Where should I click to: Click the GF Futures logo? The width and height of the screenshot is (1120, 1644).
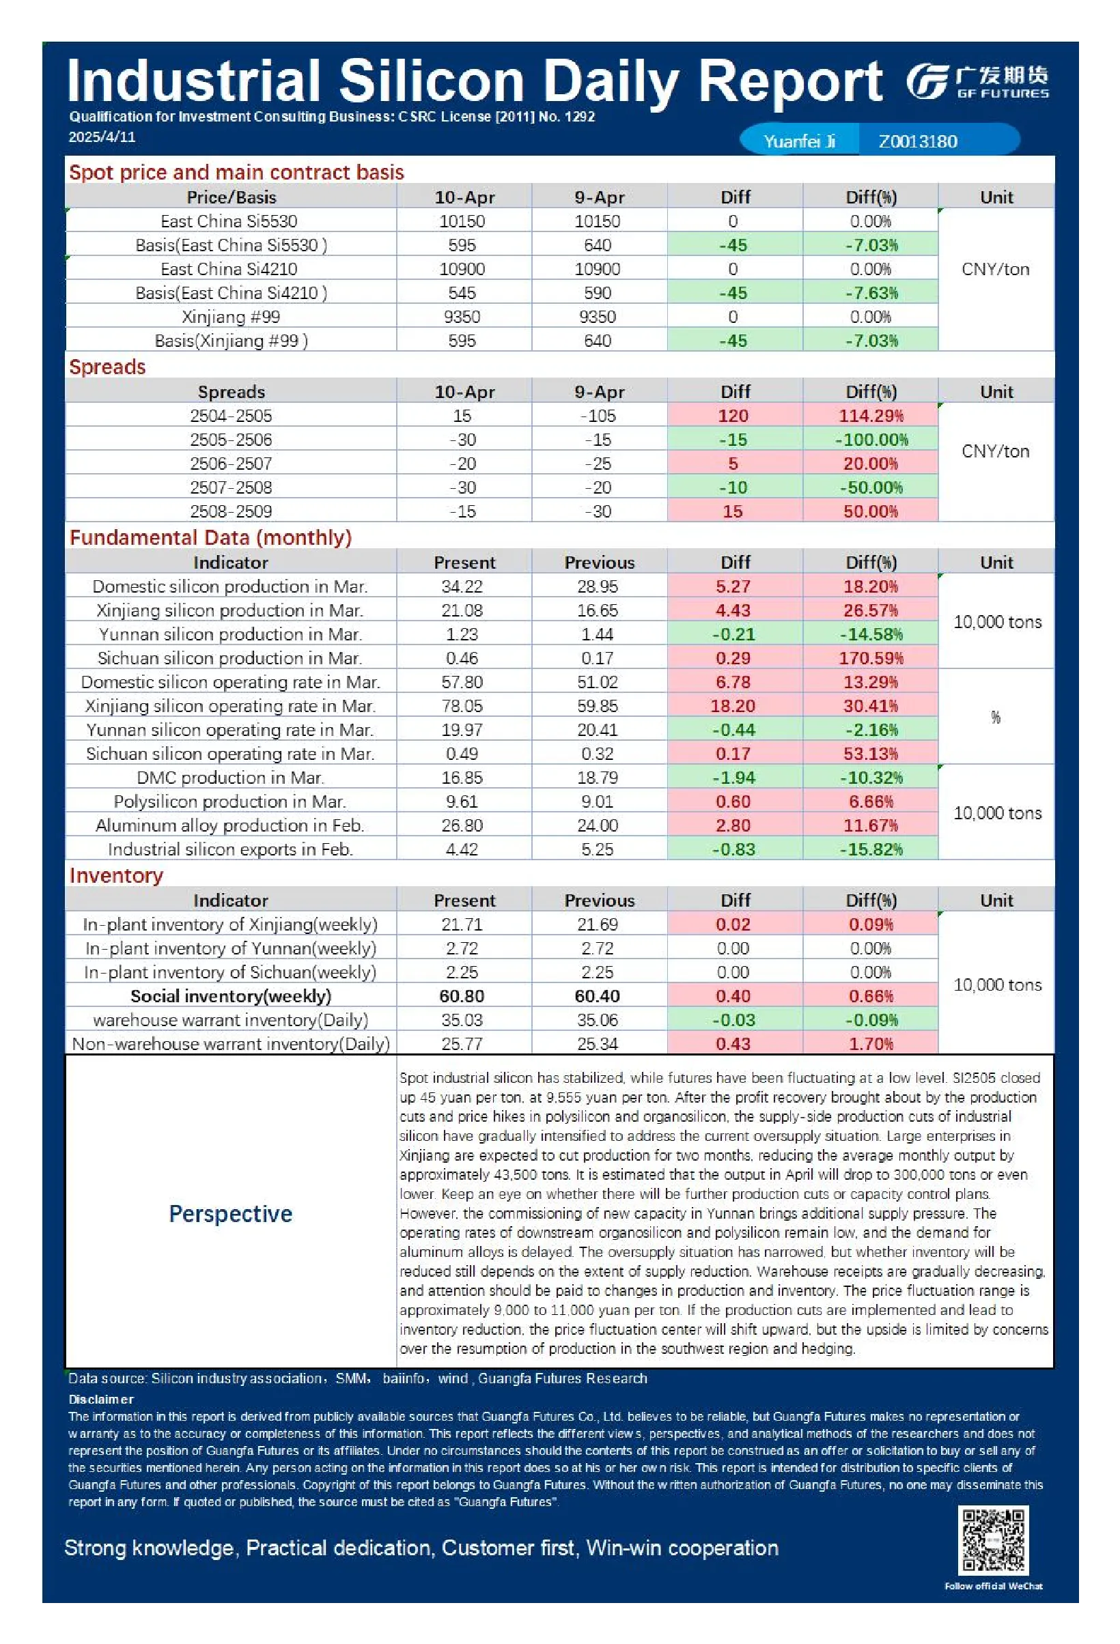977,81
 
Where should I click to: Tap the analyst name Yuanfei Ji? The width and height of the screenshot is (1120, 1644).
799,141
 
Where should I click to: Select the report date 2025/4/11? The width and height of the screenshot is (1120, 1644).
102,137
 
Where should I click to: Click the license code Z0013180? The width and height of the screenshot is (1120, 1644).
918,141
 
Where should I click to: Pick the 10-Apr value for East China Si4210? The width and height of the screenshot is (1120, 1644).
462,269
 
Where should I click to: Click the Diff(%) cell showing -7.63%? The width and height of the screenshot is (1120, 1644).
871,293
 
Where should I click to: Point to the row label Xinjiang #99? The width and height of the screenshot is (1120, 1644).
231,317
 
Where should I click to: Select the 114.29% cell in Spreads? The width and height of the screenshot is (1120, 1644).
871,416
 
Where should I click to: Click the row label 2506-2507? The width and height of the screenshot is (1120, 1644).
231,464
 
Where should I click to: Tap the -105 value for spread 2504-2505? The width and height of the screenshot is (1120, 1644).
598,416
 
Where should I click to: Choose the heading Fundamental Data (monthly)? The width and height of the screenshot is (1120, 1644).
210,537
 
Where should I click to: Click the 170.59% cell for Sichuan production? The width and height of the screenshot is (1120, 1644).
871,659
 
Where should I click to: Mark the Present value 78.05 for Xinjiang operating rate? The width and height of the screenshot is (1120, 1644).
462,706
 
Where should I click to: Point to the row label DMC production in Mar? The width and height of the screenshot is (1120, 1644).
231,778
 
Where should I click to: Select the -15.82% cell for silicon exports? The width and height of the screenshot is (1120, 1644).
871,849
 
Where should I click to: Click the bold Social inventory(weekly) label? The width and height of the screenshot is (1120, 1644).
231,996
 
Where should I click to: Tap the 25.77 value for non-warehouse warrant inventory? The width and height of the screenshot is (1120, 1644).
462,1044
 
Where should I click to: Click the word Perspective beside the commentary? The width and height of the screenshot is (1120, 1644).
231,1214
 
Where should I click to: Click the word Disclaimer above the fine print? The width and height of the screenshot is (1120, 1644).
101,1399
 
